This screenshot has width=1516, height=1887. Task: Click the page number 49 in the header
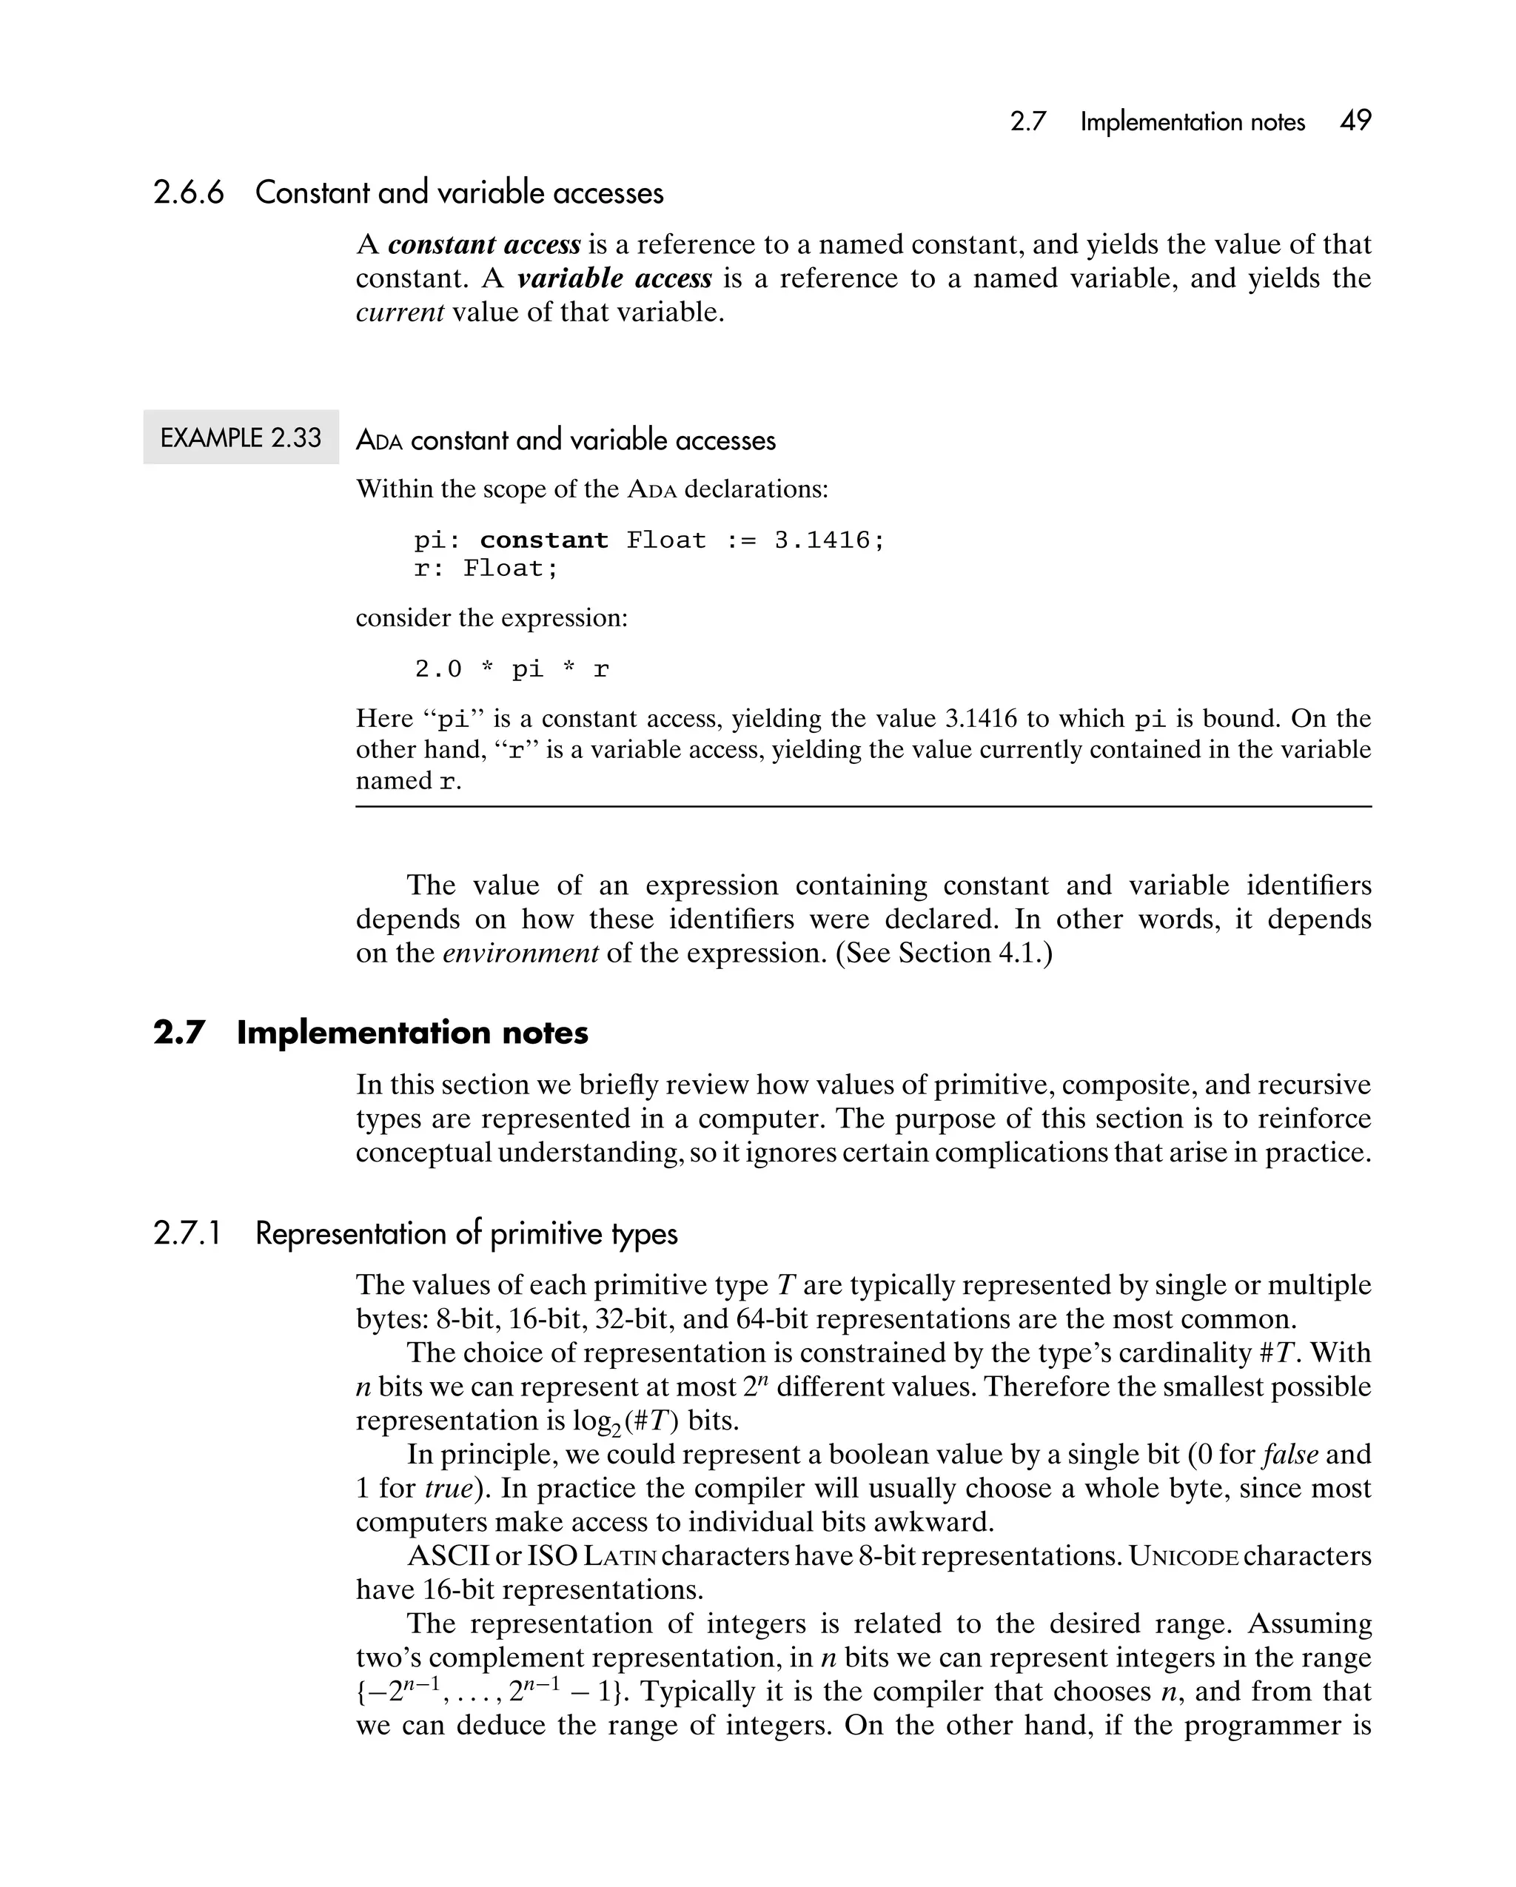coord(1355,121)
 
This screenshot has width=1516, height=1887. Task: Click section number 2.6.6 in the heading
coord(188,192)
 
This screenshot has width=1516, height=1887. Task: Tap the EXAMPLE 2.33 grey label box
coord(241,437)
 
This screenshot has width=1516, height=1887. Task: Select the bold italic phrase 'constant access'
coord(484,244)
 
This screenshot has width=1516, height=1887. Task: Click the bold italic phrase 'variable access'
coord(614,278)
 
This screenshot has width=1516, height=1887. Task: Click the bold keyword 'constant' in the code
coord(543,540)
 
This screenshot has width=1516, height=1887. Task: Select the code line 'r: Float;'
coord(486,569)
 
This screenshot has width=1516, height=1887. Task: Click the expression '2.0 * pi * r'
coord(512,669)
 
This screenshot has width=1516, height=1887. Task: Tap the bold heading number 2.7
coord(178,1033)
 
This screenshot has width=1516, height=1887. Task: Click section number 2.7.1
coord(187,1233)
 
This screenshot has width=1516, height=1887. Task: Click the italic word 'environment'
coord(521,953)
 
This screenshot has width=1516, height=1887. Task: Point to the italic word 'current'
coord(399,312)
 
